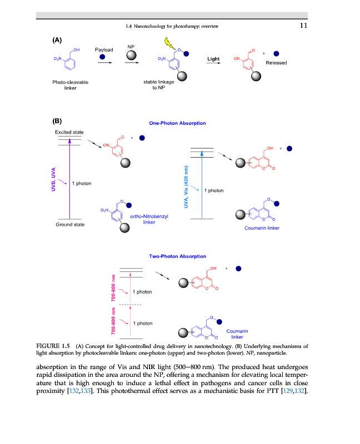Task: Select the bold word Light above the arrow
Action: pyautogui.click(x=214, y=59)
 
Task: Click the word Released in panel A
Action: pyautogui.click(x=277, y=63)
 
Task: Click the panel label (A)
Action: pyautogui.click(x=57, y=41)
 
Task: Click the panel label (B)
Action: pyautogui.click(x=57, y=120)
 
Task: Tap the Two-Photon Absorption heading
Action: pyautogui.click(x=178, y=256)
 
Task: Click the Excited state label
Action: pyautogui.click(x=69, y=132)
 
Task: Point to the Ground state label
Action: pyautogui.click(x=69, y=225)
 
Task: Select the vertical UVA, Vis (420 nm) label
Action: pyautogui.click(x=187, y=187)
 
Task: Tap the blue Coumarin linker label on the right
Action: pyautogui.click(x=262, y=228)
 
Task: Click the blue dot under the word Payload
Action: pyautogui.click(x=103, y=57)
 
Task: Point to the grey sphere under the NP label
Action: pyautogui.click(x=131, y=56)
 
